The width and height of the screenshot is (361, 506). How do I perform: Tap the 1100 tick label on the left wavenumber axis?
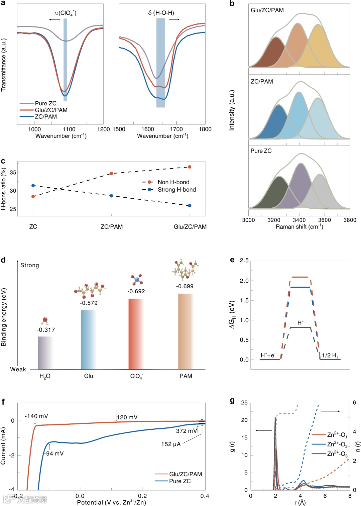pos(69,129)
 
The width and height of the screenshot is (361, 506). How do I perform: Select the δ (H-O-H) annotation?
pos(161,13)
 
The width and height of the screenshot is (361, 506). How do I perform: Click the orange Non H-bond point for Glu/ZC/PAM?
pos(190,167)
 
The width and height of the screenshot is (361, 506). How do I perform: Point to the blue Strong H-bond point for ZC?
pos(33,185)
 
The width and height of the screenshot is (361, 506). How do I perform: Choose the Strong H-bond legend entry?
pos(176,190)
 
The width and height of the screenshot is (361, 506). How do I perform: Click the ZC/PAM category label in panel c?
pos(112,227)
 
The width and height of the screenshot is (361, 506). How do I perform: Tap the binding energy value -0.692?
pos(136,291)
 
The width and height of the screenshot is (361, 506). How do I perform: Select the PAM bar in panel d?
pos(186,331)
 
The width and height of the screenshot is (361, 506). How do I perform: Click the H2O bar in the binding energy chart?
pos(45,352)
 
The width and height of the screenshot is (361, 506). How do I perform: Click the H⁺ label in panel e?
pos(300,323)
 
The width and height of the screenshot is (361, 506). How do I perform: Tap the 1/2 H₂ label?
pos(330,355)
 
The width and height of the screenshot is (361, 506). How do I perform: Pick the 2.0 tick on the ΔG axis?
pos(244,281)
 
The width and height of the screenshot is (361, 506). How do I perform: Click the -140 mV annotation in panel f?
pos(36,416)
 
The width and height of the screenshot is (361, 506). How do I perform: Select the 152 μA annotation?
pos(171,444)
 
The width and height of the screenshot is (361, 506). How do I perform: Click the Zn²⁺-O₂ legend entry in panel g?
pos(337,444)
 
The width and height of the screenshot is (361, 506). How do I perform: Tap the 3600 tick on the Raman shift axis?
pos(324,220)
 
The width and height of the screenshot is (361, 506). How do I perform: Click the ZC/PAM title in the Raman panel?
pos(262,82)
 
